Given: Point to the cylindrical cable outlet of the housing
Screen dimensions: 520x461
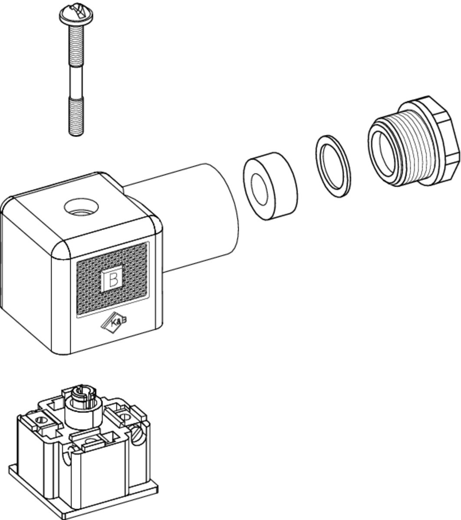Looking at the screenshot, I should pos(191,217).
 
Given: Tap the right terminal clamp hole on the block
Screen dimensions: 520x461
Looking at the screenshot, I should pos(125,417).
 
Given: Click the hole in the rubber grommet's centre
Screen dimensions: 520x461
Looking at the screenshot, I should pos(260,190).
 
